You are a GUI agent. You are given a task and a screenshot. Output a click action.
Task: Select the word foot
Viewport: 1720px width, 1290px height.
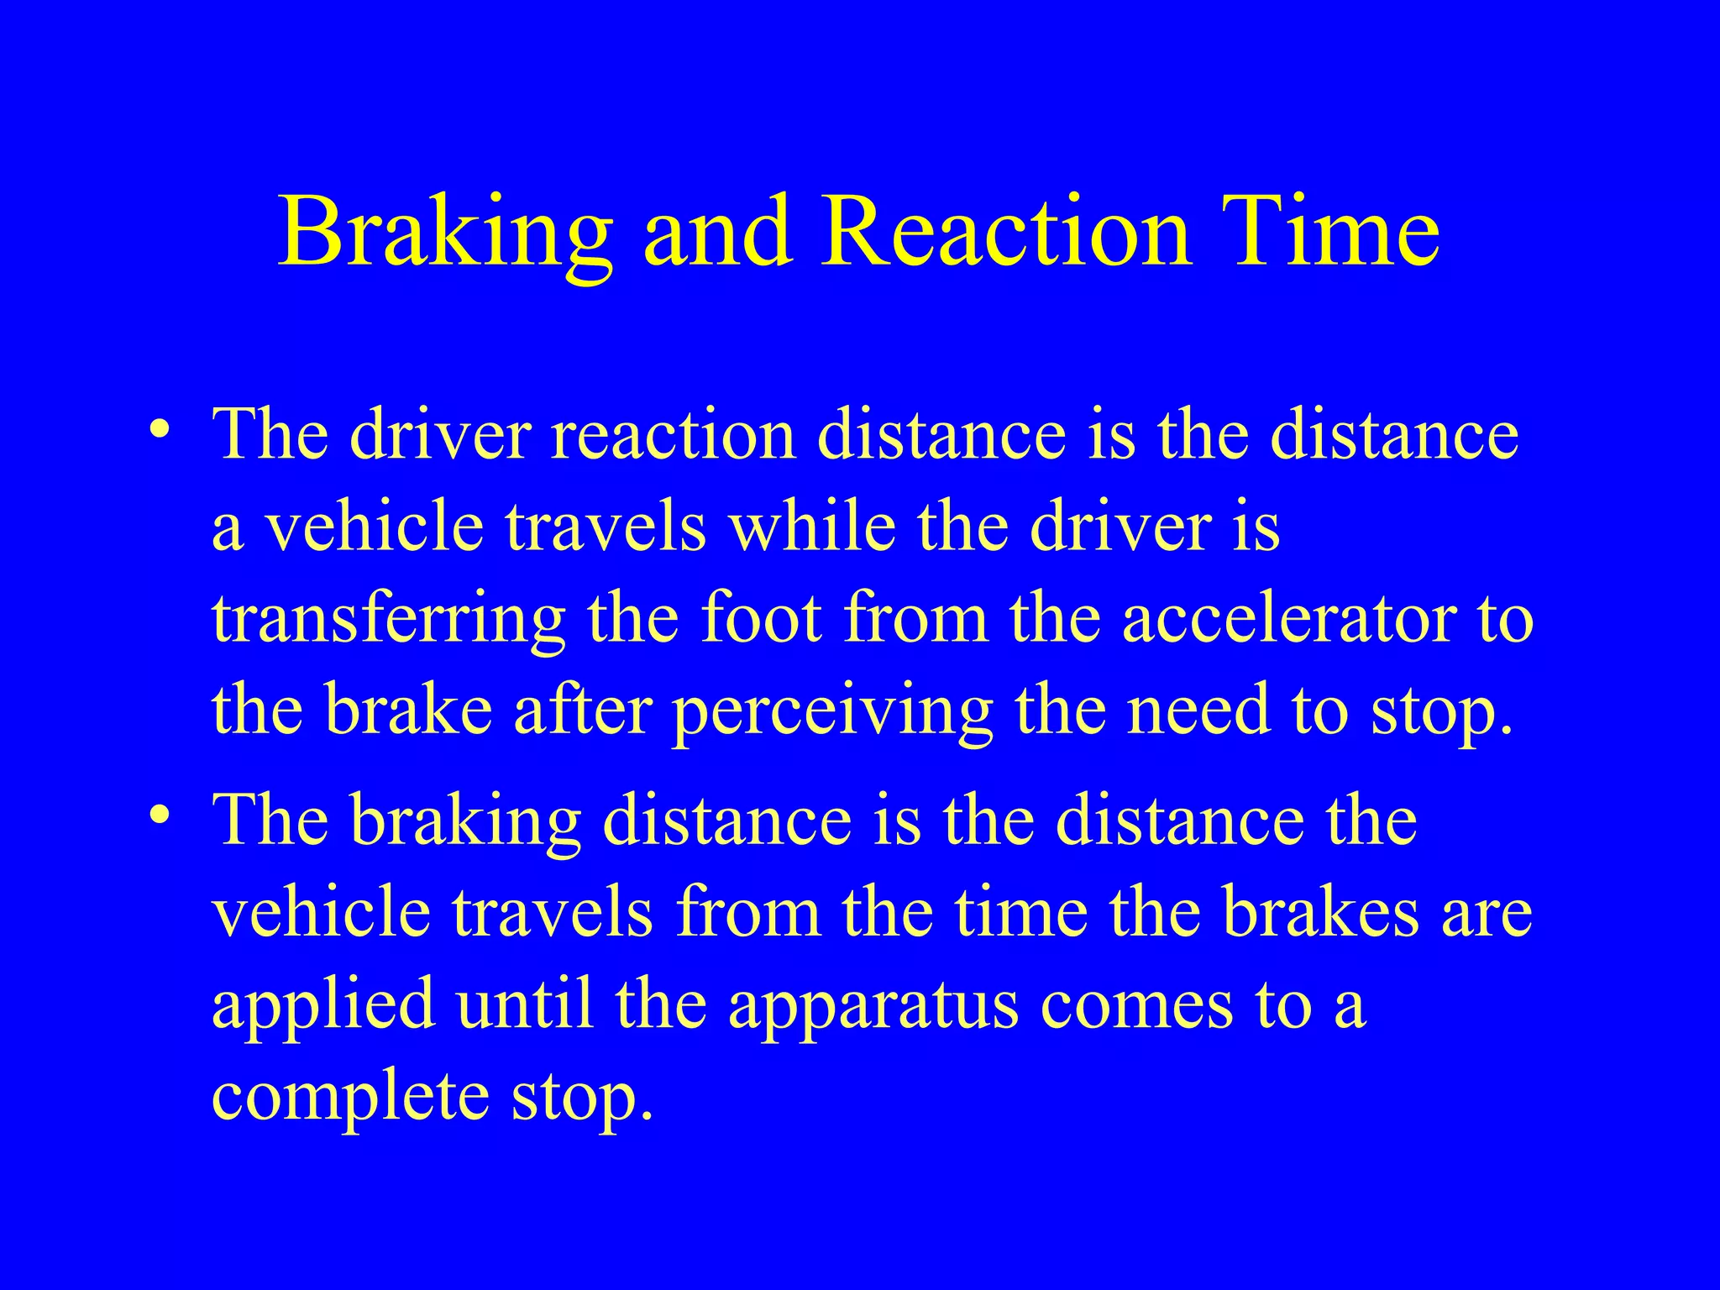[x=761, y=619]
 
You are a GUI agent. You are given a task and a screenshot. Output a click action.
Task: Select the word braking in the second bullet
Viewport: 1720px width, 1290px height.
[x=466, y=821]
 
